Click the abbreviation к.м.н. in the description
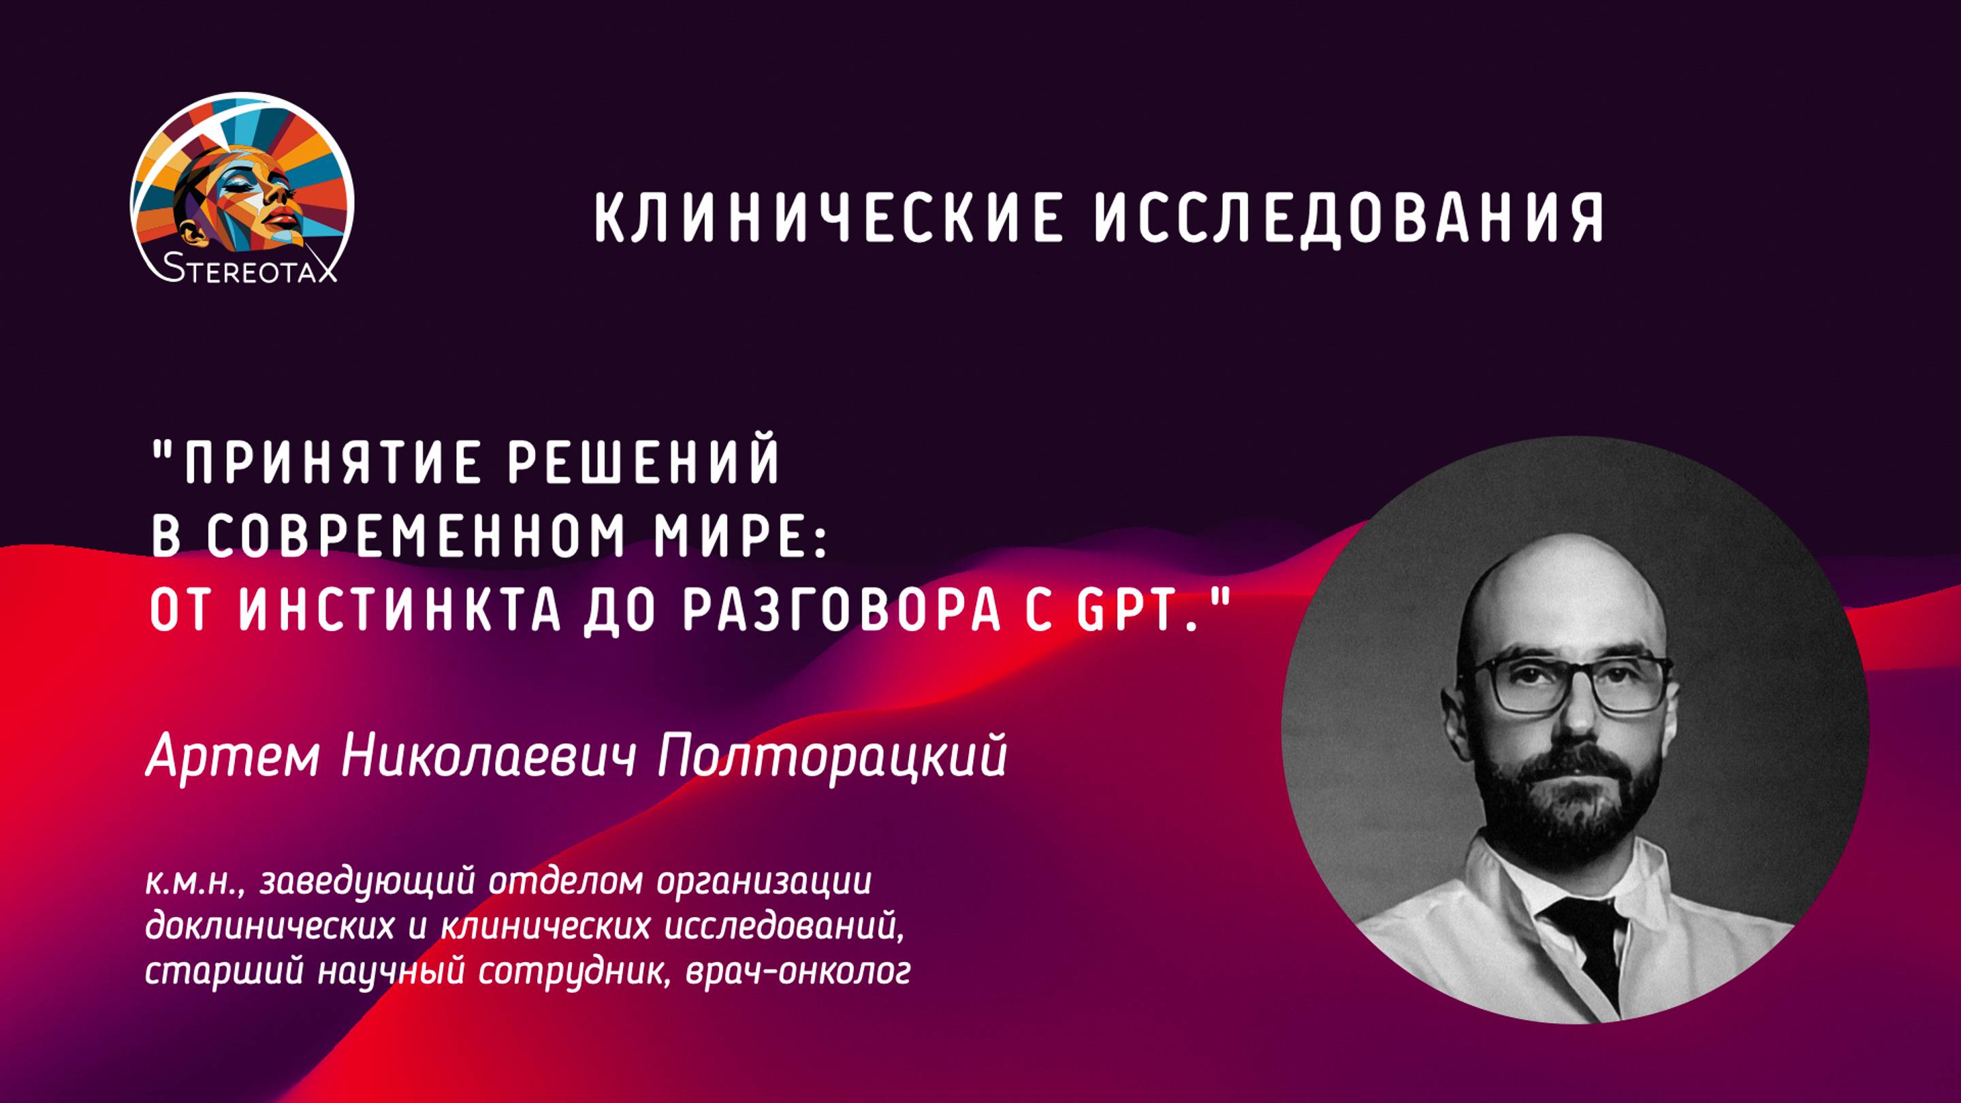(x=194, y=883)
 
